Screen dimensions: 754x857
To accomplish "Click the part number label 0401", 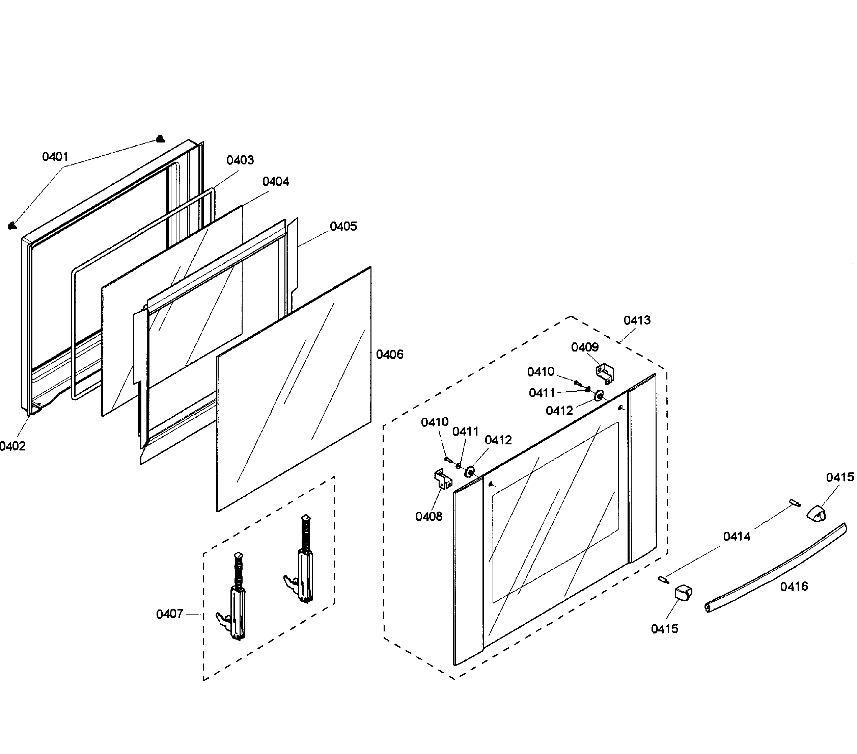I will coord(55,157).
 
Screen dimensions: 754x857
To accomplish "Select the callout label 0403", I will coord(240,160).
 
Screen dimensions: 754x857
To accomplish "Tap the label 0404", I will coord(275,182).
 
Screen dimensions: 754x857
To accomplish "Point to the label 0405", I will coord(343,227).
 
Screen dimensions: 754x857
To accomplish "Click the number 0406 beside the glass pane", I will coord(389,355).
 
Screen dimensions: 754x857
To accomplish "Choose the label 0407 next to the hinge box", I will coord(169,614).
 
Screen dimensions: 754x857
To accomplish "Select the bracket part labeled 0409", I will coord(605,373).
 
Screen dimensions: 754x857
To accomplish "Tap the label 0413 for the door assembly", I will coord(637,320).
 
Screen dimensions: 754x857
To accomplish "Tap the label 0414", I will coord(737,537).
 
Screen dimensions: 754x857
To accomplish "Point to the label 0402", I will coord(12,446).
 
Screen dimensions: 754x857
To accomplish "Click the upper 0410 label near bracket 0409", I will coord(541,372).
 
